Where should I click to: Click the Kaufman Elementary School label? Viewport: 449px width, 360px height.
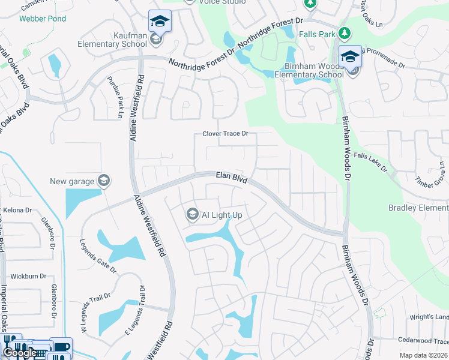click(112, 40)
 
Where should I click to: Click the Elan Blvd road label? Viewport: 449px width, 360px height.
click(232, 177)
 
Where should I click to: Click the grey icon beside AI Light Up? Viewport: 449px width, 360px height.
click(192, 214)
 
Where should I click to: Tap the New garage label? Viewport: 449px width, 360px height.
click(72, 181)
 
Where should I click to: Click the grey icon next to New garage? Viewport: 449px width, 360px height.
click(103, 181)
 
